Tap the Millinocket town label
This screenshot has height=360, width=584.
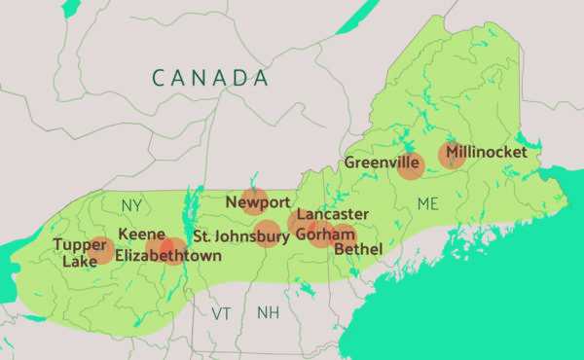487,153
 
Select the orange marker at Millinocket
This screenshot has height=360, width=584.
451,155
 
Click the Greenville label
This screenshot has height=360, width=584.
382,162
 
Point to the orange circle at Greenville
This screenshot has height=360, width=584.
410,166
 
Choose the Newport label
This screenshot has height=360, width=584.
258,202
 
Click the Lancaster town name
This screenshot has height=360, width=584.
333,214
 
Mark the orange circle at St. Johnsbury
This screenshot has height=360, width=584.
267,234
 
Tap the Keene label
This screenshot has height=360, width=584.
135,234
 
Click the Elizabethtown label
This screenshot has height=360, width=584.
167,256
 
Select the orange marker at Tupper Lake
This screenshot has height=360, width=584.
101,250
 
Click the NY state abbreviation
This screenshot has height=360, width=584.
131,205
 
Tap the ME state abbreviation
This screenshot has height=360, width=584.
428,203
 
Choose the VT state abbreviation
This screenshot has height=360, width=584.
223,313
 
